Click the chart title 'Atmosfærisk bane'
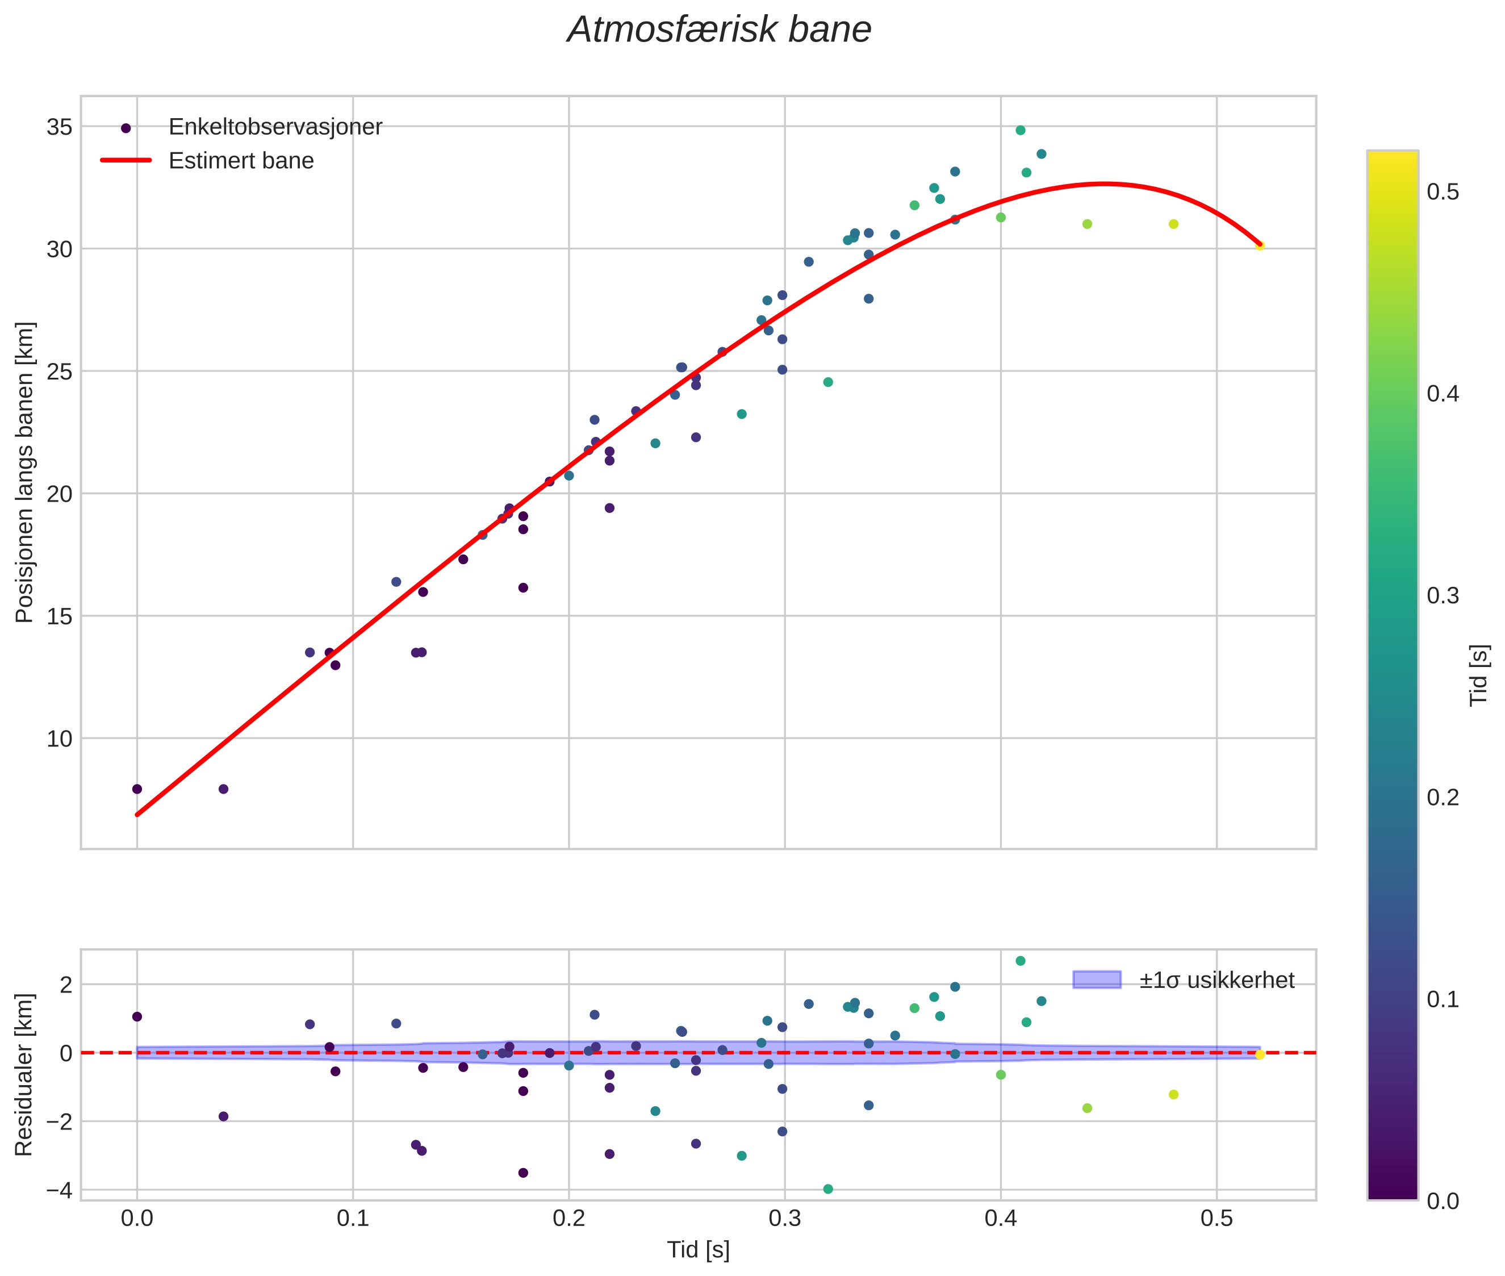(x=719, y=30)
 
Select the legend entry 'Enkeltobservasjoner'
(x=275, y=127)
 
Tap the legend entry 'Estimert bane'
(x=241, y=161)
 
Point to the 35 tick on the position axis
(x=59, y=127)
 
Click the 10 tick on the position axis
(x=59, y=739)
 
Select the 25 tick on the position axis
(x=59, y=372)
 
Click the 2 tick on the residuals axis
(x=66, y=985)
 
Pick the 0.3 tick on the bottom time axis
(x=785, y=1218)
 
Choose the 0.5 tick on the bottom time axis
(x=1216, y=1218)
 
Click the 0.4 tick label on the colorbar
(x=1442, y=394)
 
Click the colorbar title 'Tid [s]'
(x=1479, y=675)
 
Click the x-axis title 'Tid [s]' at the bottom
(x=698, y=1250)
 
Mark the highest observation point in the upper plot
(x=1021, y=130)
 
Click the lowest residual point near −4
(x=828, y=1189)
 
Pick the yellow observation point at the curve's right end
(x=1260, y=246)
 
